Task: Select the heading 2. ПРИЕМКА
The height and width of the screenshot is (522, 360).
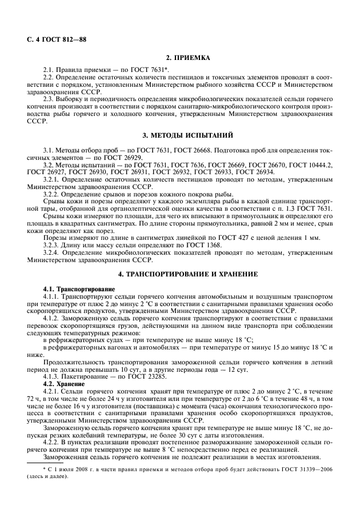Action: (188, 58)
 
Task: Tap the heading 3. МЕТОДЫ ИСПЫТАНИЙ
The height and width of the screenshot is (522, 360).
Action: (188, 135)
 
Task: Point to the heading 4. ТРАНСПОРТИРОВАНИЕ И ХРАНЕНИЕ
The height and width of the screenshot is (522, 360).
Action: (188, 274)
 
